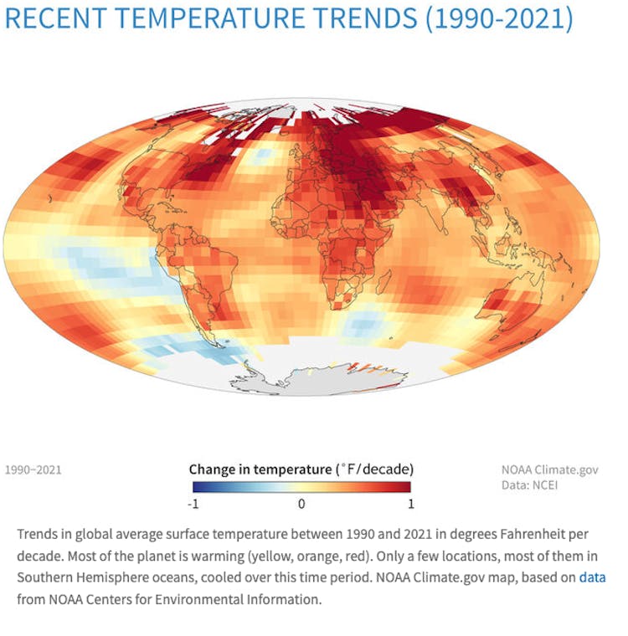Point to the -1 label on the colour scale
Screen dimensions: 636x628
click(x=194, y=504)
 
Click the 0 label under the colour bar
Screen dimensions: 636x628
click(x=301, y=504)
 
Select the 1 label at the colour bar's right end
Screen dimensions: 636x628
click(x=409, y=504)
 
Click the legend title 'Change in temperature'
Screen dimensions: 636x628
click(x=260, y=469)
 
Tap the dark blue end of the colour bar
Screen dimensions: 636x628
click(x=196, y=487)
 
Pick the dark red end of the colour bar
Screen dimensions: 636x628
click(x=406, y=487)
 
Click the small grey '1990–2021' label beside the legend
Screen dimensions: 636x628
click(x=33, y=470)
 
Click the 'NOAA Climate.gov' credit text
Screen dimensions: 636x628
click(x=550, y=470)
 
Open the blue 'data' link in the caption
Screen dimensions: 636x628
click(x=592, y=577)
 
